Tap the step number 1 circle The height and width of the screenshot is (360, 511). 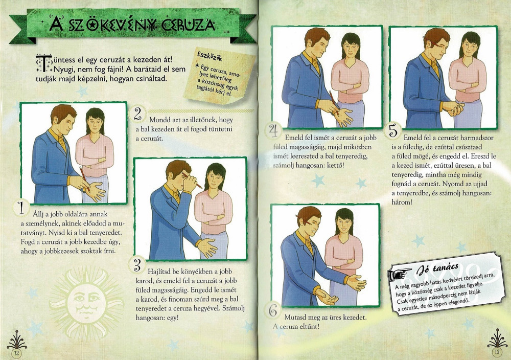[21, 208]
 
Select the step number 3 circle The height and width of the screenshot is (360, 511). [137, 264]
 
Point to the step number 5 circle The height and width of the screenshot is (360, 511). [393, 131]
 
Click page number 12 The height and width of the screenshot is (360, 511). [16, 353]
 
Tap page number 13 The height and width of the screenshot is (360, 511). [497, 351]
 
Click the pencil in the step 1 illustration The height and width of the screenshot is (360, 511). [84, 178]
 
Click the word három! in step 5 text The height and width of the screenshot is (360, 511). [402, 202]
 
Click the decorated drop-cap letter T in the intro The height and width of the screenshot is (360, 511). [43, 63]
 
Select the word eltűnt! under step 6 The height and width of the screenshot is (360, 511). [309, 326]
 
